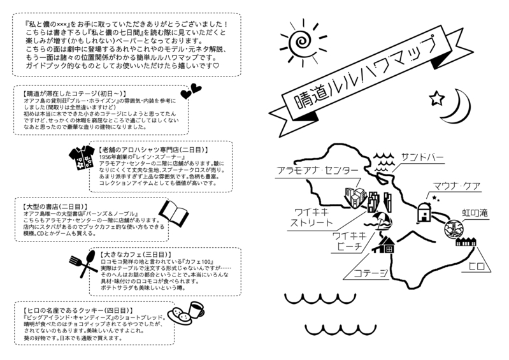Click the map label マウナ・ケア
coord(456,187)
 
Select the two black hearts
coord(190,92)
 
